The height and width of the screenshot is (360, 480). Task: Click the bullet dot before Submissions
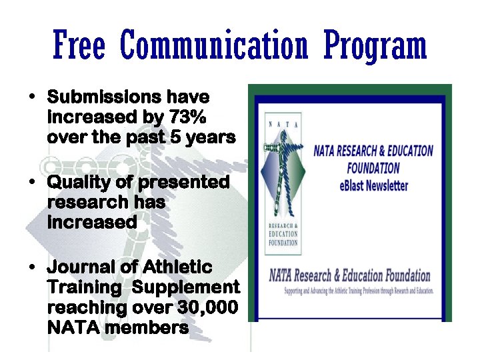32,98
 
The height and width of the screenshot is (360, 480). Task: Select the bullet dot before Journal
32,269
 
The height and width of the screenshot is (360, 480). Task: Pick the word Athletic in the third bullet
177,267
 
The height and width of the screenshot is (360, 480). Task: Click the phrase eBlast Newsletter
373,185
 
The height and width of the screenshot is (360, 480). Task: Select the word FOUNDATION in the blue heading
373,168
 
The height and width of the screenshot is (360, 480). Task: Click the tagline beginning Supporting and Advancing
359,291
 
